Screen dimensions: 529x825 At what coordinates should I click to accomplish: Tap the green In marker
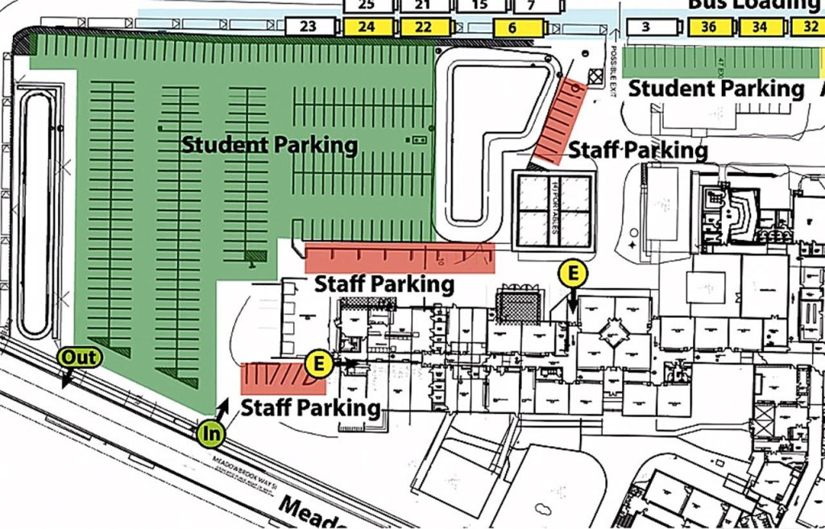tap(211, 434)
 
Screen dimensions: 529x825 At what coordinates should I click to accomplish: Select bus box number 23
tap(309, 27)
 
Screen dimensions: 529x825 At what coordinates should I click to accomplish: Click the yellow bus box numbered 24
tap(367, 27)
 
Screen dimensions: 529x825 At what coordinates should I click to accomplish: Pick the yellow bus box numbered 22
tap(423, 27)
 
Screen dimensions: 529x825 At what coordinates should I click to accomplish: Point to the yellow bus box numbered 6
tap(512, 27)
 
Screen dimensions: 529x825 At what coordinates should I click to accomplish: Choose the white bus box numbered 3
tap(646, 27)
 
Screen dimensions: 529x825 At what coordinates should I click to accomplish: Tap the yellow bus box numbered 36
tap(709, 27)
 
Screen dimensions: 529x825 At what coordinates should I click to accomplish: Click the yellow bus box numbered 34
tap(760, 27)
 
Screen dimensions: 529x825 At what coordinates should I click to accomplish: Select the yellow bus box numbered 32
tap(808, 27)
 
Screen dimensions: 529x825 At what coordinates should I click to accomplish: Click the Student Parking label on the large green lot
tap(269, 146)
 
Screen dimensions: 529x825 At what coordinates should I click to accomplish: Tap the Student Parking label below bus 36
tap(716, 89)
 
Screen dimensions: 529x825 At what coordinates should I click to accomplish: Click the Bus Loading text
tap(753, 5)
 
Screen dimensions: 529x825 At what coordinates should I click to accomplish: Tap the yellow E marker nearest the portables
tap(573, 275)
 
